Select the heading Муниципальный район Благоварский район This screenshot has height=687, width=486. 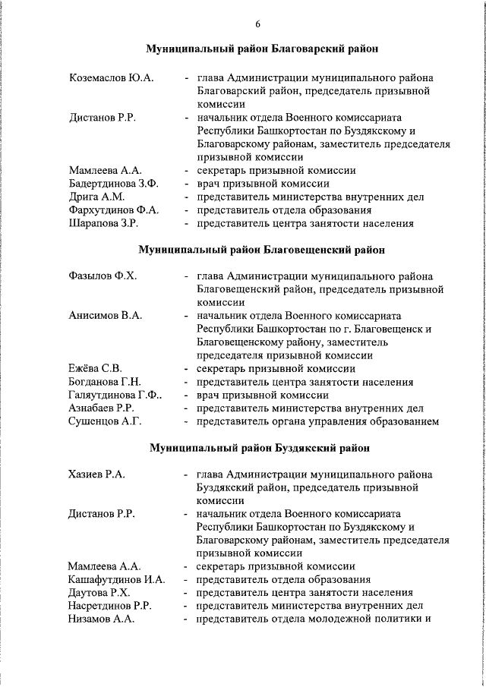point(262,49)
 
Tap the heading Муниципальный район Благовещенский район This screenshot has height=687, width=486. point(261,248)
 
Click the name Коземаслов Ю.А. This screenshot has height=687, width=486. point(111,77)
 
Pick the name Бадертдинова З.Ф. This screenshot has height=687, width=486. point(113,183)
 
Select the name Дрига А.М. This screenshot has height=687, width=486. point(96,197)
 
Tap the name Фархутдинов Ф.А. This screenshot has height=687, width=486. point(113,210)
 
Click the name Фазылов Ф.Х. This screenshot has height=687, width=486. point(103,276)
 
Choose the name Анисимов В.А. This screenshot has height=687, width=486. point(105,315)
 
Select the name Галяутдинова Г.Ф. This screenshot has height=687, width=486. point(114,395)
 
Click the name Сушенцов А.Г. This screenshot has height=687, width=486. point(105,421)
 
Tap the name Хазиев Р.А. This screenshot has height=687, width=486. point(96,474)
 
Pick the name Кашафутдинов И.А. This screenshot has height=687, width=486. point(116,580)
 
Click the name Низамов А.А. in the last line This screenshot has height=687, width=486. point(101,619)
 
